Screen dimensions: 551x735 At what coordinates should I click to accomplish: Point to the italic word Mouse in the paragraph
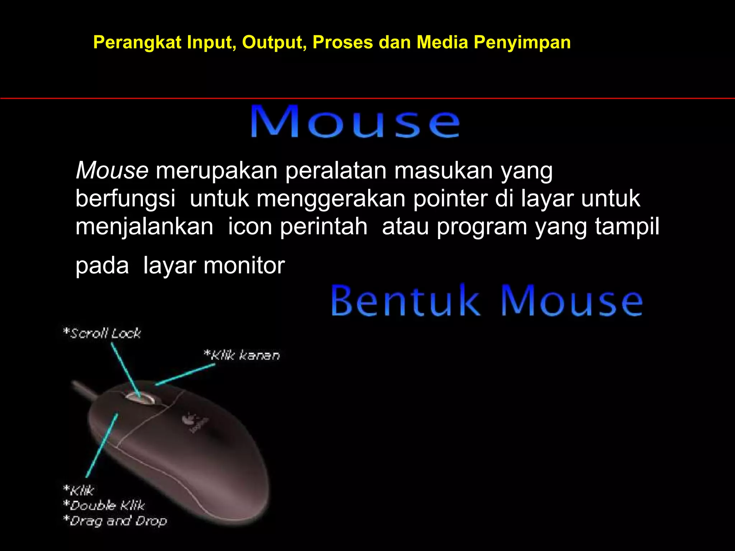click(x=112, y=170)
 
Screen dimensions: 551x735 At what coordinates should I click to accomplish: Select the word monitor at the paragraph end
click(x=244, y=266)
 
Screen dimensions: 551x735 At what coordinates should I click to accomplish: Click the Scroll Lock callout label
click(x=102, y=333)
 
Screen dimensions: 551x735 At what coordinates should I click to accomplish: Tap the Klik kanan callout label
click(x=242, y=355)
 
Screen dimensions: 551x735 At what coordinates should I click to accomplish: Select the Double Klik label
click(x=104, y=505)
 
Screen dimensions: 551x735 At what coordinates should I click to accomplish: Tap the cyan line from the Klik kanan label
click(x=185, y=375)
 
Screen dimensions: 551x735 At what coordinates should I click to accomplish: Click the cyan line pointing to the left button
click(x=102, y=445)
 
